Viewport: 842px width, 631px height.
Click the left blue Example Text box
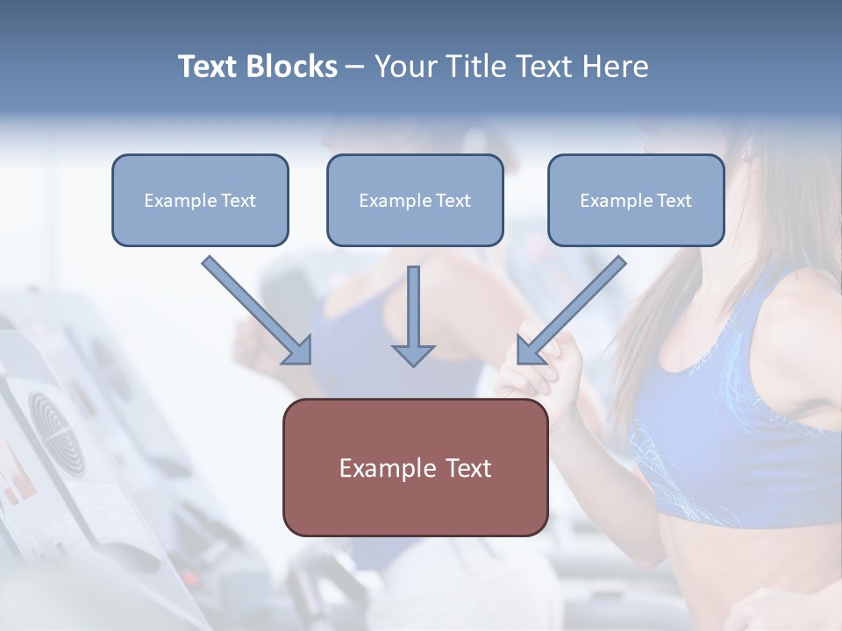coord(200,200)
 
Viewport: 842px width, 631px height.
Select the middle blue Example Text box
coord(415,200)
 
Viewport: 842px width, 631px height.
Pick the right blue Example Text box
coord(636,200)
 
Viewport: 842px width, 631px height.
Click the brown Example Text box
coord(415,467)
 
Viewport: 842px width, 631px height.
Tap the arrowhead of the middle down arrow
coord(413,355)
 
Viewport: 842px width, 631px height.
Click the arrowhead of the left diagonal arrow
coord(298,351)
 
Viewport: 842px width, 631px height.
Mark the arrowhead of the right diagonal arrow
coord(530,351)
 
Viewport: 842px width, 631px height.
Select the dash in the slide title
coord(355,67)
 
